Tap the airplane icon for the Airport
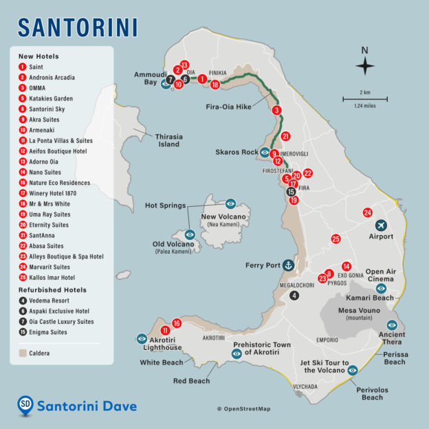click(x=382, y=225)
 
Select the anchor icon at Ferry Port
click(x=289, y=265)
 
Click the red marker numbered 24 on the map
click(x=368, y=212)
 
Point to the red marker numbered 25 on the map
click(x=335, y=239)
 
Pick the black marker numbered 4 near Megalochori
click(x=294, y=296)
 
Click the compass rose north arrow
click(x=365, y=65)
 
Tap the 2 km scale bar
click(x=365, y=99)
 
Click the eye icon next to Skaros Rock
click(x=264, y=152)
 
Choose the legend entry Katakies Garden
click(x=50, y=98)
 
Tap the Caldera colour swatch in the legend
click(x=23, y=353)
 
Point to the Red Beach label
click(x=191, y=379)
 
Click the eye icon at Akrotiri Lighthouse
click(x=142, y=338)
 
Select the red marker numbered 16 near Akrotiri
click(x=177, y=323)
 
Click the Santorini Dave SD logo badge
click(x=25, y=406)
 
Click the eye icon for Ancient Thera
click(x=392, y=324)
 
